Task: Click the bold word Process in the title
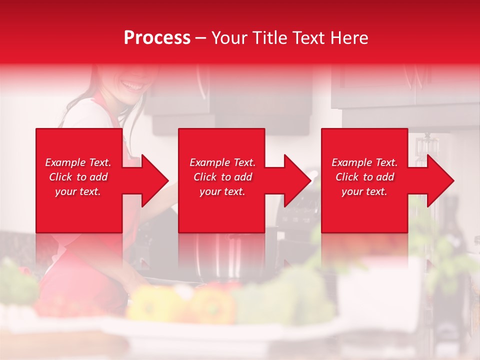(157, 38)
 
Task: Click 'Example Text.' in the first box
(78, 162)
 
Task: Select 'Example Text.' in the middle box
(222, 162)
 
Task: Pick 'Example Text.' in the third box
(364, 162)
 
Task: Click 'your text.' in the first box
(78, 191)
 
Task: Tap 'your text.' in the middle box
(222, 191)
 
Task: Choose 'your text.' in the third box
(364, 191)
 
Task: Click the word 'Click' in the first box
(61, 177)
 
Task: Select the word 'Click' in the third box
(347, 177)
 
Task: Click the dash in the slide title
(200, 38)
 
